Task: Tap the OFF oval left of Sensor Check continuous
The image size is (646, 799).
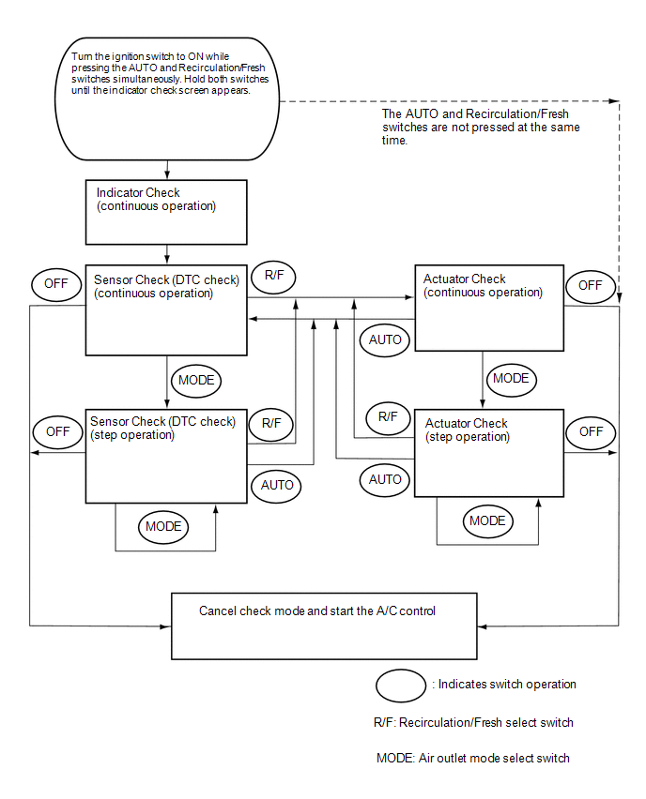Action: [56, 284]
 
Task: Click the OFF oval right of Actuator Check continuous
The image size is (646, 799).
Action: [591, 286]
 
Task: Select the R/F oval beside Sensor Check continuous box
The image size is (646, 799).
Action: [274, 277]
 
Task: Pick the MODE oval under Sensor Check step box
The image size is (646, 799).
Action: [163, 526]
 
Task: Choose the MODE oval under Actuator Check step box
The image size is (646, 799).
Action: [488, 520]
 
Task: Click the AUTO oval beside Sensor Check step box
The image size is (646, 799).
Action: [276, 486]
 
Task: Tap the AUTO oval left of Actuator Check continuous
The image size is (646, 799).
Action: [385, 339]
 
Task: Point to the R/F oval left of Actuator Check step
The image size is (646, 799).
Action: [389, 417]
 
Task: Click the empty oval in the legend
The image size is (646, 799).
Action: [401, 686]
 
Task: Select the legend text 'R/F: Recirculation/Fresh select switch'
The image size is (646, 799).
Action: [473, 722]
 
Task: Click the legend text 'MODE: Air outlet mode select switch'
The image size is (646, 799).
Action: [473, 759]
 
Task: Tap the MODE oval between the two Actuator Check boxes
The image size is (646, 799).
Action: [512, 379]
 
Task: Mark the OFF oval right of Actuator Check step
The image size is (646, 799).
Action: [591, 432]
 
